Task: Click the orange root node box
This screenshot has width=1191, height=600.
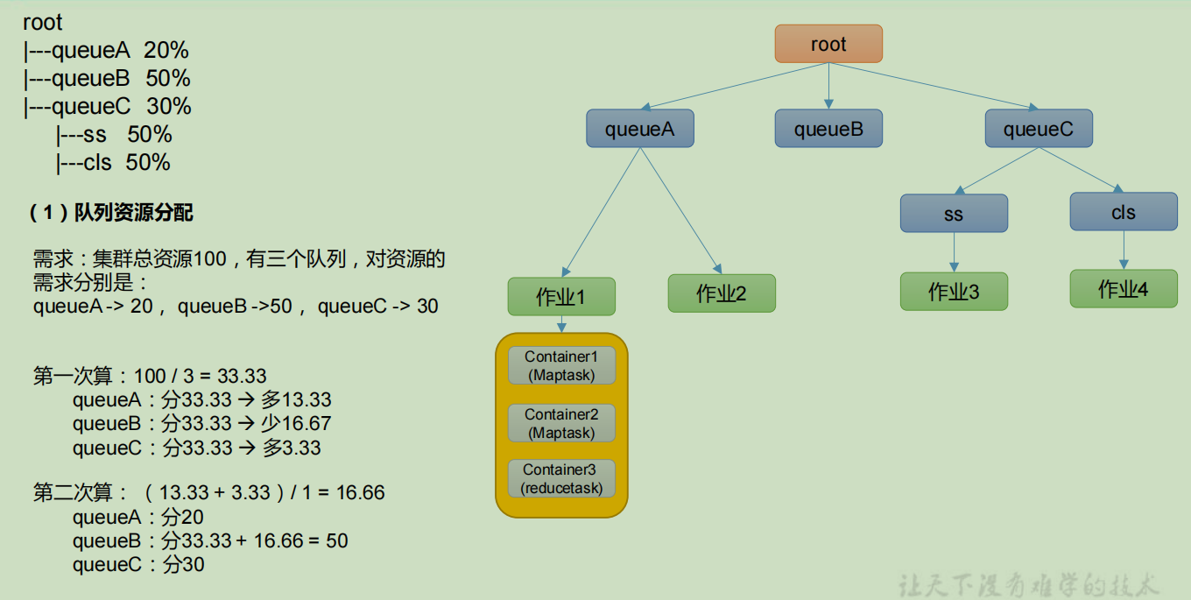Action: point(828,44)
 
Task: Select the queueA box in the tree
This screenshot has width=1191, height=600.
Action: point(639,129)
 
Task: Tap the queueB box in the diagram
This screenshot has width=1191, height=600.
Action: point(828,129)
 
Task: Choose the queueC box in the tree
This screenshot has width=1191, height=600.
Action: point(1038,129)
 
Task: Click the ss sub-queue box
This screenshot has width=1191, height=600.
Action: point(954,214)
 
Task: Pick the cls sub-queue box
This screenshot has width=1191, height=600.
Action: point(1124,212)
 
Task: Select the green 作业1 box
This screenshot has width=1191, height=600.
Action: point(561,297)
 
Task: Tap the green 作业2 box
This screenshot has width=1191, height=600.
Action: point(722,293)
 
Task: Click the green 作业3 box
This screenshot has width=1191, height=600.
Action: point(954,292)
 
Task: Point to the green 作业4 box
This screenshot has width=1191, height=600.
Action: point(1124,289)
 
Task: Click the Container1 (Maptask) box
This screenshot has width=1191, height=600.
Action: point(561,366)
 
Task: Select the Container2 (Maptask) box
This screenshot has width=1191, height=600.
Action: point(561,424)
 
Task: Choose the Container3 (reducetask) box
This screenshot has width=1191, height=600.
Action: point(561,479)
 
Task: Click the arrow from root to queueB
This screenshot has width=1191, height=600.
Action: point(828,86)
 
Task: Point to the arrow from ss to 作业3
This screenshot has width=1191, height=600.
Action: point(954,252)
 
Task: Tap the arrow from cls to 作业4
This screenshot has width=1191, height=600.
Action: point(1124,250)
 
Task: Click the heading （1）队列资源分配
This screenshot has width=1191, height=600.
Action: point(111,212)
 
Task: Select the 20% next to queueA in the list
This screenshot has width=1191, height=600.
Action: point(166,51)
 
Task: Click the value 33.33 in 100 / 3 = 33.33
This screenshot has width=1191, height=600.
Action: point(242,377)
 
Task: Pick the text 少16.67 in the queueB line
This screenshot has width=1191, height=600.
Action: point(296,424)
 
